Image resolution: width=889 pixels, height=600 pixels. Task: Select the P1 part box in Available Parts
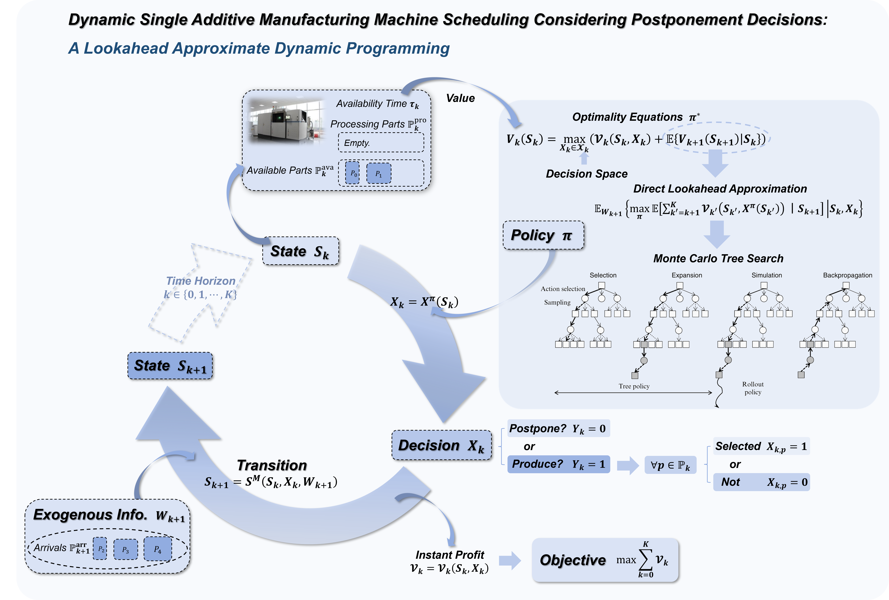click(x=379, y=173)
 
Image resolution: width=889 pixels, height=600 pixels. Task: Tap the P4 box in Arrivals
click(x=158, y=549)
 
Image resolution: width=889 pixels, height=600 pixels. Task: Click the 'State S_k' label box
click(x=300, y=251)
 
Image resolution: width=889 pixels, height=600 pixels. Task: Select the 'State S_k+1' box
click(x=170, y=366)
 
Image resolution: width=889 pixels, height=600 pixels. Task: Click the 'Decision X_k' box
click(x=442, y=445)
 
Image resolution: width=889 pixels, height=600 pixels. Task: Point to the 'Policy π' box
click(x=543, y=235)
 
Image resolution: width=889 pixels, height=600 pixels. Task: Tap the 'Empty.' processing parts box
click(x=381, y=143)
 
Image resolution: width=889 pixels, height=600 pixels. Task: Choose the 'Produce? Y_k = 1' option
click(x=558, y=464)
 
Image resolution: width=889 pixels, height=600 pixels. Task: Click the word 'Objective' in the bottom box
click(x=572, y=560)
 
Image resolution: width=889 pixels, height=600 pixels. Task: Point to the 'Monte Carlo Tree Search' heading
click(x=718, y=259)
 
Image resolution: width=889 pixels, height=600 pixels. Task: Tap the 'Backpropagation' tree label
click(x=847, y=275)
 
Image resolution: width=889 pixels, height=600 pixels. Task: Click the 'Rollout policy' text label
click(x=753, y=388)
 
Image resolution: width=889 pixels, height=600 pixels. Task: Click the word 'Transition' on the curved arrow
click(x=272, y=466)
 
